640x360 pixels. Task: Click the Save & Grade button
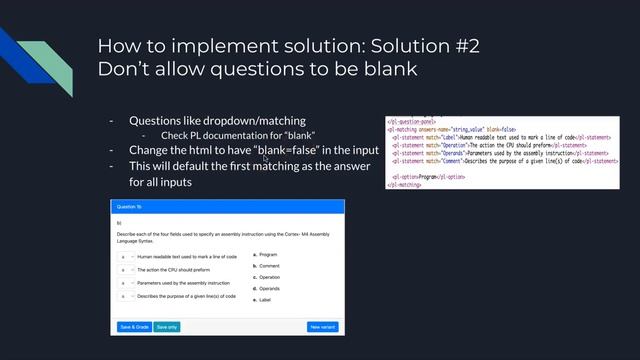click(x=135, y=326)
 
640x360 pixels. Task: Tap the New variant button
click(x=322, y=326)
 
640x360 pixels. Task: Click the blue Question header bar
click(x=226, y=206)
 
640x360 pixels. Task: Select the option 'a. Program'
click(x=265, y=255)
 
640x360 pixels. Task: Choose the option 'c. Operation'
click(x=267, y=277)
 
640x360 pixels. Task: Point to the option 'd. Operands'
click(x=267, y=289)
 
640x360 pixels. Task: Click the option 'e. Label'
click(x=263, y=300)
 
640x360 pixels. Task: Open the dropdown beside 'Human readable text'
click(x=127, y=256)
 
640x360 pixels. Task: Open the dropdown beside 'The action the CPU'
click(x=127, y=270)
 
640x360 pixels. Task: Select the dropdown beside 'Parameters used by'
click(x=127, y=283)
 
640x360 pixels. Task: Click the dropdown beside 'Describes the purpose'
click(x=127, y=296)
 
